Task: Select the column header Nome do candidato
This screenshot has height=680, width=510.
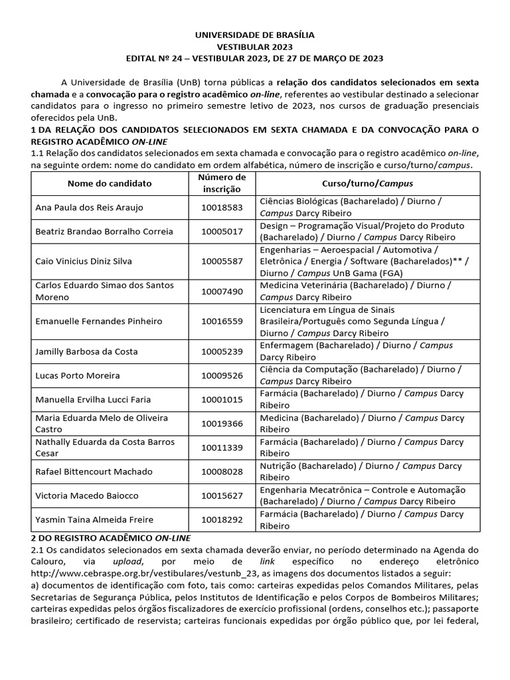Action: pos(110,183)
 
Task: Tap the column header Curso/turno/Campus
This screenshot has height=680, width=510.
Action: pos(367,183)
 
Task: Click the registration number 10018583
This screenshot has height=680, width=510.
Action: pos(222,207)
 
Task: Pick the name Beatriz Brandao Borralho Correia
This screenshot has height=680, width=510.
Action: pos(104,231)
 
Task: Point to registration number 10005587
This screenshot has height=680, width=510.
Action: pos(222,261)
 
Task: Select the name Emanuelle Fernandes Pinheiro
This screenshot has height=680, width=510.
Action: pos(98,321)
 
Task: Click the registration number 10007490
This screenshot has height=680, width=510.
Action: pos(222,292)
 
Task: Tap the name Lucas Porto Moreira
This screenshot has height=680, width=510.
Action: pos(78,375)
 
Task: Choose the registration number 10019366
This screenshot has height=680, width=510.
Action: pos(222,424)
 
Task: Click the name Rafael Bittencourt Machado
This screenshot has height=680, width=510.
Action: pos(94,471)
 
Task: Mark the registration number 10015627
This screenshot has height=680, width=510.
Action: pos(222,495)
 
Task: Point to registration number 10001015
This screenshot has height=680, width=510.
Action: pos(222,399)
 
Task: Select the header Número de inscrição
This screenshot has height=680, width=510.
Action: pos(222,183)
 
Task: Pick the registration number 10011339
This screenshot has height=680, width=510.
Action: pos(222,448)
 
